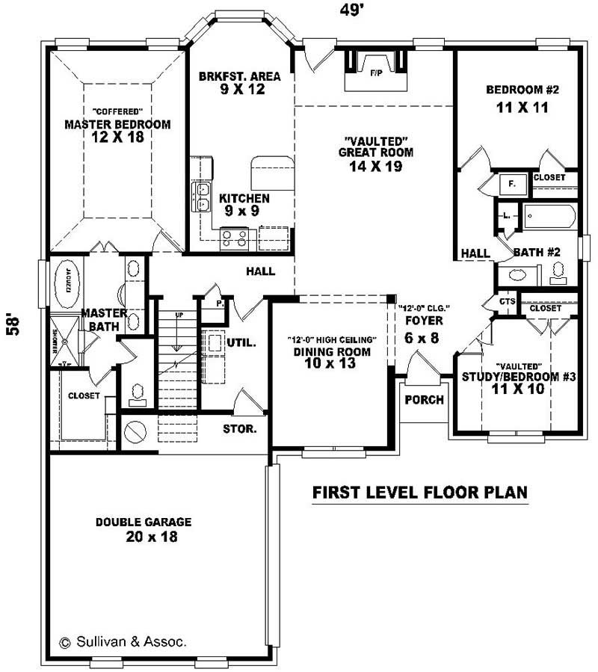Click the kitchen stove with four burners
pos(233,238)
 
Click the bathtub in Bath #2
pos(549,218)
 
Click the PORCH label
pos(424,400)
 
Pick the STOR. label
pos(240,429)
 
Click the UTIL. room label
pos(241,343)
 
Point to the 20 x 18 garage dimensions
pos(152,537)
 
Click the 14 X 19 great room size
pos(375,167)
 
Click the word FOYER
pos(424,321)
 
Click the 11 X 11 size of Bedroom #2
pos(523,107)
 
